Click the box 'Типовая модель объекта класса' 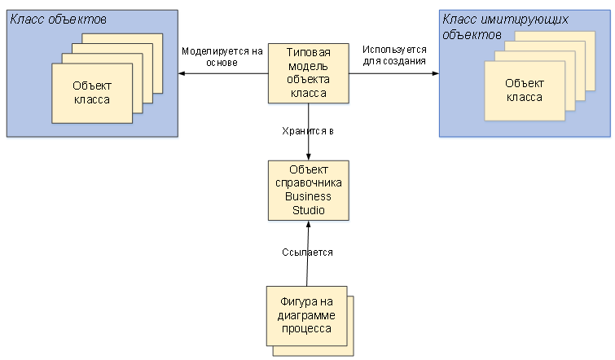pos(309,73)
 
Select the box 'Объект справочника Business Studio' pos(309,190)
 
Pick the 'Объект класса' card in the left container pos(91,94)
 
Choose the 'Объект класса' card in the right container pos(525,90)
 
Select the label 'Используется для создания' pos(394,55)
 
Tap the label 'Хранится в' pos(308,130)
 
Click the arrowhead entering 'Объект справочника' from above pos(309,156)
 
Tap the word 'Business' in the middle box pos(309,196)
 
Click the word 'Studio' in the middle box pos(309,210)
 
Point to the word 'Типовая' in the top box pos(309,52)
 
